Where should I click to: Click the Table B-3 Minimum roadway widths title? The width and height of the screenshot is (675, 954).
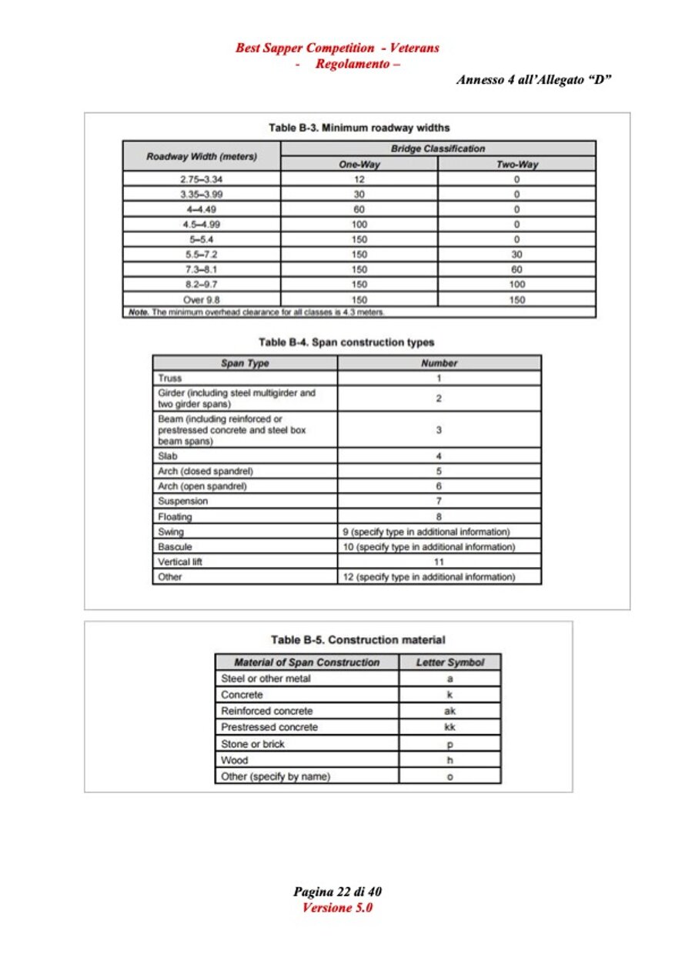[359, 128]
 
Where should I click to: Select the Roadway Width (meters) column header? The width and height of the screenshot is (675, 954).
[202, 156]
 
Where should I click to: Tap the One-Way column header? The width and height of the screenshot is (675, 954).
[359, 165]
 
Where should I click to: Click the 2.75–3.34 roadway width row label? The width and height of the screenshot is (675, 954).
[202, 179]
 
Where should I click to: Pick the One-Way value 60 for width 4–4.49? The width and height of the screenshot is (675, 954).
[359, 209]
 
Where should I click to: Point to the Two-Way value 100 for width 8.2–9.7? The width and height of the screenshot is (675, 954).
[516, 285]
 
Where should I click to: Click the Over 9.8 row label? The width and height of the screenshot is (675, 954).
[202, 300]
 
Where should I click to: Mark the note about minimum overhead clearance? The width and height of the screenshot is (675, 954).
[254, 312]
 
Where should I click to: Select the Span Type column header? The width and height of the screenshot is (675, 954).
[245, 363]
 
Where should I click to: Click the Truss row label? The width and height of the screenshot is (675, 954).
[170, 379]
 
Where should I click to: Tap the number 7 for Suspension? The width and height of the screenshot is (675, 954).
[439, 502]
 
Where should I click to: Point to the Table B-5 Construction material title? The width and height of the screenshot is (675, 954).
[358, 640]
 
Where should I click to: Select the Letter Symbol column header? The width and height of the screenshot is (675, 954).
[449, 662]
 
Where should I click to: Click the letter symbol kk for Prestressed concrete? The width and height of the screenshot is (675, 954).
[449, 727]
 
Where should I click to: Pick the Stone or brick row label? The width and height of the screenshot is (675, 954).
[252, 744]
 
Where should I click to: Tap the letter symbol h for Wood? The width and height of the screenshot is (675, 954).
[449, 760]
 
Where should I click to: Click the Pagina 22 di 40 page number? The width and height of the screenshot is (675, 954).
[337, 892]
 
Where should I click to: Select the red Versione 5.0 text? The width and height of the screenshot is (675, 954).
[337, 908]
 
